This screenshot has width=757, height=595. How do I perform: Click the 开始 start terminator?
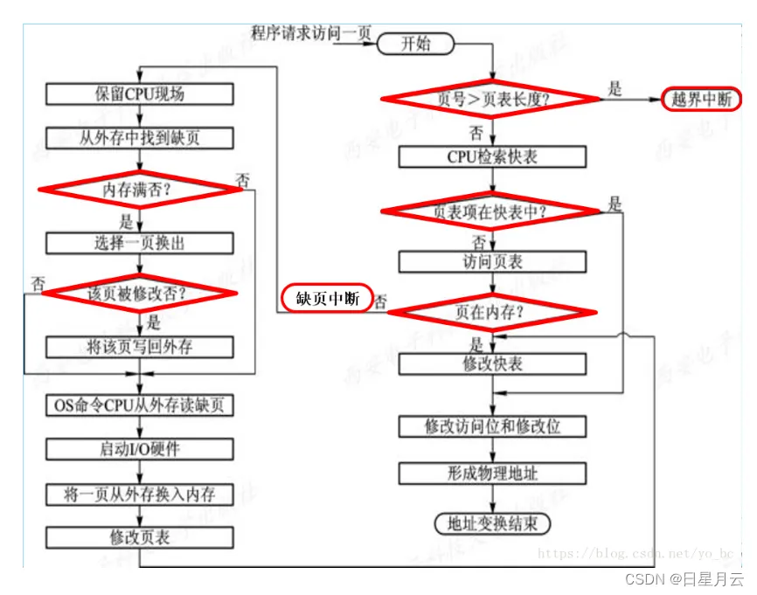coord(415,44)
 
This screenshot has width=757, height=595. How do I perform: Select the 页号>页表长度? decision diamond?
coord(491,99)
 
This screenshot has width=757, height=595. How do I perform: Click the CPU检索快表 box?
coord(492,156)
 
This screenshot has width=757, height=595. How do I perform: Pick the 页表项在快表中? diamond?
coord(491,211)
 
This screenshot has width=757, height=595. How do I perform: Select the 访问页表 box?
coord(492,262)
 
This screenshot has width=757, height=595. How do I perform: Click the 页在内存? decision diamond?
coord(491,310)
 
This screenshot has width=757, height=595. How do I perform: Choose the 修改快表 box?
coord(492,363)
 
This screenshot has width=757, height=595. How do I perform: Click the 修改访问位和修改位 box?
coord(492,425)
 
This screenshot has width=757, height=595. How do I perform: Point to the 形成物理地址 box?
coord(492,474)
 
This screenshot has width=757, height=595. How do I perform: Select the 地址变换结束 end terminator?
coord(493,523)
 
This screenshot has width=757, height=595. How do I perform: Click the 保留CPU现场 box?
coord(140,93)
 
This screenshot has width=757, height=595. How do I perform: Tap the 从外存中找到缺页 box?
coord(140,138)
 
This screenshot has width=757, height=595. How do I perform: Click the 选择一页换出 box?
coord(140,243)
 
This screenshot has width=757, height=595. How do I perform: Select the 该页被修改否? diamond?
coord(139,294)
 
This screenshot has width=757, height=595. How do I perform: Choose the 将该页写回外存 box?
coord(140,347)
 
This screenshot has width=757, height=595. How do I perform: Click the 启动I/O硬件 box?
coord(140,449)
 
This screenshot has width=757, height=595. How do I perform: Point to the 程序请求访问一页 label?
coord(311,33)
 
